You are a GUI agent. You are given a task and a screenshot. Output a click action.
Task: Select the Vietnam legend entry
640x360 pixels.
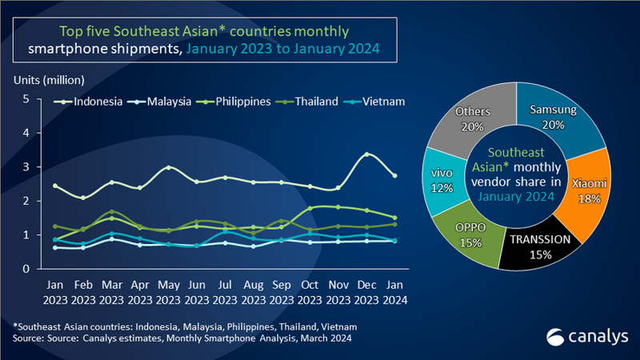click(x=375, y=102)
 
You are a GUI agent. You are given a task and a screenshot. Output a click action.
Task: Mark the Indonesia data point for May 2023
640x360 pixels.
click(x=168, y=168)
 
